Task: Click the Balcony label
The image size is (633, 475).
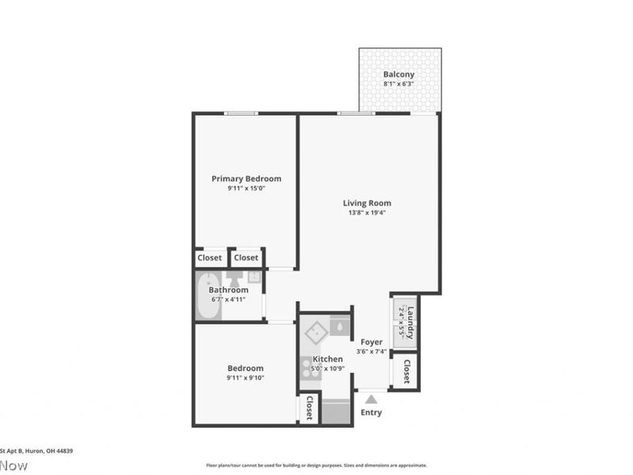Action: (x=399, y=75)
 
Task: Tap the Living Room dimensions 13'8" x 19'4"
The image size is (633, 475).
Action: (x=367, y=213)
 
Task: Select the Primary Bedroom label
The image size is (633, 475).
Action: (x=246, y=179)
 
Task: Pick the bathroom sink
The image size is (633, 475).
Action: (x=253, y=277)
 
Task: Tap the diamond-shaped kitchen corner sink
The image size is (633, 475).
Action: (x=316, y=332)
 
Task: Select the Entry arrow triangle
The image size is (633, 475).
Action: (x=370, y=400)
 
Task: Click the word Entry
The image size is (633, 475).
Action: (x=370, y=412)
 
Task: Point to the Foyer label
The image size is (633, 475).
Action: (x=371, y=342)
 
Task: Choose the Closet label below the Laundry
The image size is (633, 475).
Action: (x=407, y=371)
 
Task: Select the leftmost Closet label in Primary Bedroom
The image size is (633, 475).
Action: (x=210, y=257)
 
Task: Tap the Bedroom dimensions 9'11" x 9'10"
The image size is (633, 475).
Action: (x=245, y=378)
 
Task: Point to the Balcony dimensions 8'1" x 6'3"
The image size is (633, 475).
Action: (x=399, y=84)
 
